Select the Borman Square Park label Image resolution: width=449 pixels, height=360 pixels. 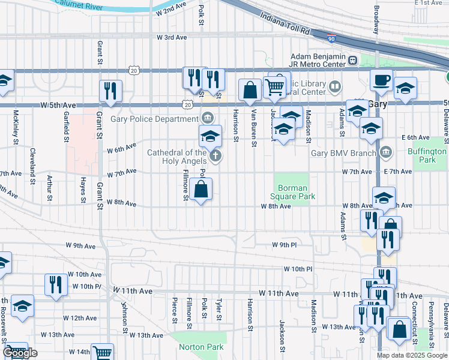coord(291,192)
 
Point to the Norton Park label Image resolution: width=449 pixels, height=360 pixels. coord(201,347)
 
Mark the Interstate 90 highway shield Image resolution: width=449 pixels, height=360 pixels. coord(331,38)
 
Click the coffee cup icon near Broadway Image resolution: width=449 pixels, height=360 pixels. coord(381,80)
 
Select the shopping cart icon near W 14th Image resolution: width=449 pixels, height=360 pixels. coord(103,353)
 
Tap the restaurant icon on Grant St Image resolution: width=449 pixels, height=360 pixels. coord(110,90)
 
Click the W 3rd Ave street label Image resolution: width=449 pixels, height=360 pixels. coord(172,37)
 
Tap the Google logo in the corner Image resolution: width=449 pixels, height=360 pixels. coord(21,353)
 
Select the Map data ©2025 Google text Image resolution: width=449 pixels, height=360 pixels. coord(412,355)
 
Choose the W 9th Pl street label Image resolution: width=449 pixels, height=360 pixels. coord(284,245)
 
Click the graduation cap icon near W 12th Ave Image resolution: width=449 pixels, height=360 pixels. coord(22,305)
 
